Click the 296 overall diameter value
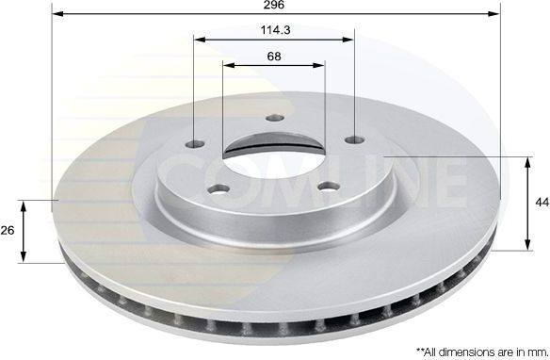[x=274, y=6]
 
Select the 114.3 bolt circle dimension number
[x=274, y=29]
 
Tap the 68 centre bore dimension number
[x=274, y=57]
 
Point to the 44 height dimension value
[x=541, y=204]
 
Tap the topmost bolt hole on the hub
[x=274, y=118]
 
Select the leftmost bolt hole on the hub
[x=195, y=144]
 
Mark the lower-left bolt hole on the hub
[x=219, y=188]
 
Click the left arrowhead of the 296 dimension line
[x=57, y=15]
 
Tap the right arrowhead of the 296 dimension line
[x=496, y=15]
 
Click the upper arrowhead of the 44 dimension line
[x=525, y=161]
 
